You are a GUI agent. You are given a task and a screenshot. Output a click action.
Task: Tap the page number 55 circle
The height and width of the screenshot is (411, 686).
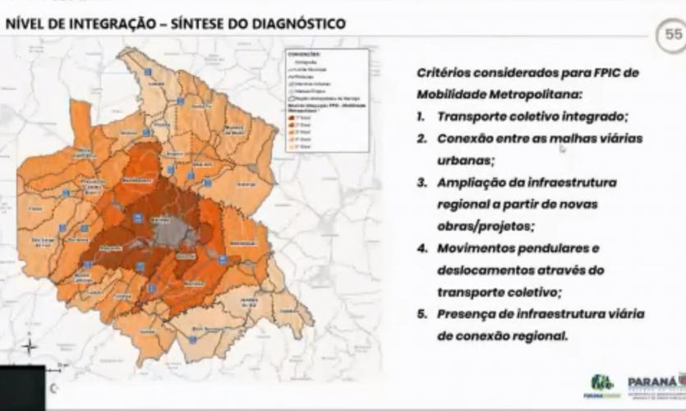[x=674, y=35]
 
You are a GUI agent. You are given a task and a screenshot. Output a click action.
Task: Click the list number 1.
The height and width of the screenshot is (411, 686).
[x=420, y=117]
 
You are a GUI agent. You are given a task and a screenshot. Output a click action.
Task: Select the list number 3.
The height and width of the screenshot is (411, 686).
[x=420, y=182]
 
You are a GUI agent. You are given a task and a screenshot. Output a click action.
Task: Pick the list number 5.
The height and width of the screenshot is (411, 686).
[x=420, y=314]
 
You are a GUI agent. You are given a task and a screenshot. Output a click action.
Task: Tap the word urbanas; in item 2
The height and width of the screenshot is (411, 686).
[x=464, y=160]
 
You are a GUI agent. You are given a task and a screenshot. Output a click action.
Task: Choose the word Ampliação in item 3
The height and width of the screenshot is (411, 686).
[x=469, y=182]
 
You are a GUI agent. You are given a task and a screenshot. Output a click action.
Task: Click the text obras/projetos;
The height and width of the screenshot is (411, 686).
[x=485, y=225]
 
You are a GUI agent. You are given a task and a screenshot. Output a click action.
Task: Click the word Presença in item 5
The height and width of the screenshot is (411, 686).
[x=466, y=314]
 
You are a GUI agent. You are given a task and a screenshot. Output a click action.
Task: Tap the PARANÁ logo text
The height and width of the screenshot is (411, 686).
[x=655, y=381]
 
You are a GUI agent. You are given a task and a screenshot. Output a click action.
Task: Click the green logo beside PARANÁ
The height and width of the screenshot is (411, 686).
[x=601, y=384]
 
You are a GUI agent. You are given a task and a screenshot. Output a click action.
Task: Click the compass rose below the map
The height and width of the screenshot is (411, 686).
[x=30, y=346]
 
